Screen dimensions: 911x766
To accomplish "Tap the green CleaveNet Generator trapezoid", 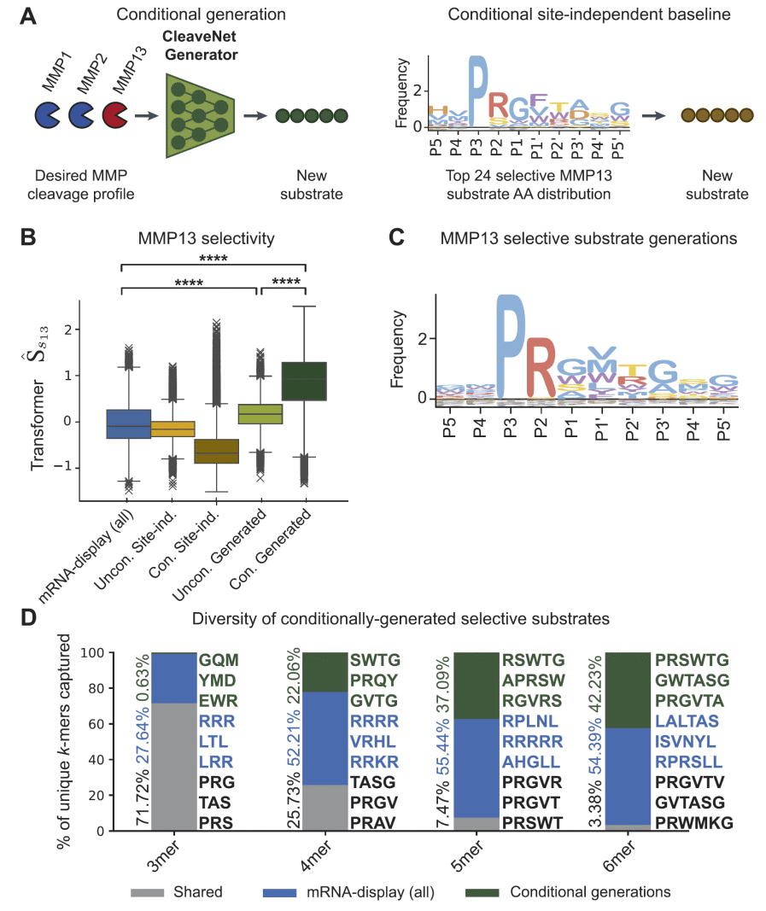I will (x=202, y=114).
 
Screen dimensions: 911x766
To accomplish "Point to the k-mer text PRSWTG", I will (x=692, y=660).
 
